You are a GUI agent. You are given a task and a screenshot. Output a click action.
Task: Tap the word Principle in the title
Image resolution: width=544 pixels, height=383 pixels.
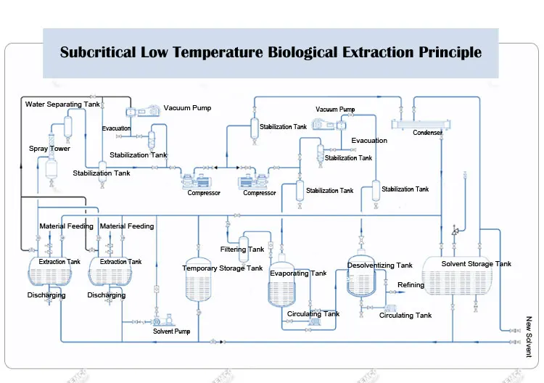pos(450,52)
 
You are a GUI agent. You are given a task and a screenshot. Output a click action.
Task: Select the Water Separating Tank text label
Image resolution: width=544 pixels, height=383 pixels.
pos(62,104)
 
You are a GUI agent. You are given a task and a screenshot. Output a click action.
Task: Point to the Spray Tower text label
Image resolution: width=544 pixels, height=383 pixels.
pos(49,149)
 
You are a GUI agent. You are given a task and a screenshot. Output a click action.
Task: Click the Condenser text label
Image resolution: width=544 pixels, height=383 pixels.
pos(428,133)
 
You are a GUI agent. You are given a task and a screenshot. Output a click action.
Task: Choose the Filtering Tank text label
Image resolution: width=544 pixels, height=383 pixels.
pos(242,250)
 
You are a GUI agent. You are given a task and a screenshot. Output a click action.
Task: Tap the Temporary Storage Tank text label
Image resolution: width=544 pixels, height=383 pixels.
pos(222,268)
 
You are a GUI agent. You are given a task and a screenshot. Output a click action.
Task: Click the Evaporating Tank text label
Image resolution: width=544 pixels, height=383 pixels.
pos(298,273)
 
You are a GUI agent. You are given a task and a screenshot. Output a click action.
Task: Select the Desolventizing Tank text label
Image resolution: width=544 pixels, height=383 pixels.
pos(380,265)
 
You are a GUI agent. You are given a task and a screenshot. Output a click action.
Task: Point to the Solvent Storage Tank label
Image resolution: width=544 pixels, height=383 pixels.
pos(477,264)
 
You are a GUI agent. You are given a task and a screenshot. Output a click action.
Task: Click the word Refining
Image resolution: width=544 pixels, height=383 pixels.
pos(411,285)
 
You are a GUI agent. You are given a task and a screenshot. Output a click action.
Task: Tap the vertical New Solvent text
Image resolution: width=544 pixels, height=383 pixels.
pos(529,337)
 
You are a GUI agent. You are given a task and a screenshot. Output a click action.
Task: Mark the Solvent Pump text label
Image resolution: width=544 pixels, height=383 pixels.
pos(171,331)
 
